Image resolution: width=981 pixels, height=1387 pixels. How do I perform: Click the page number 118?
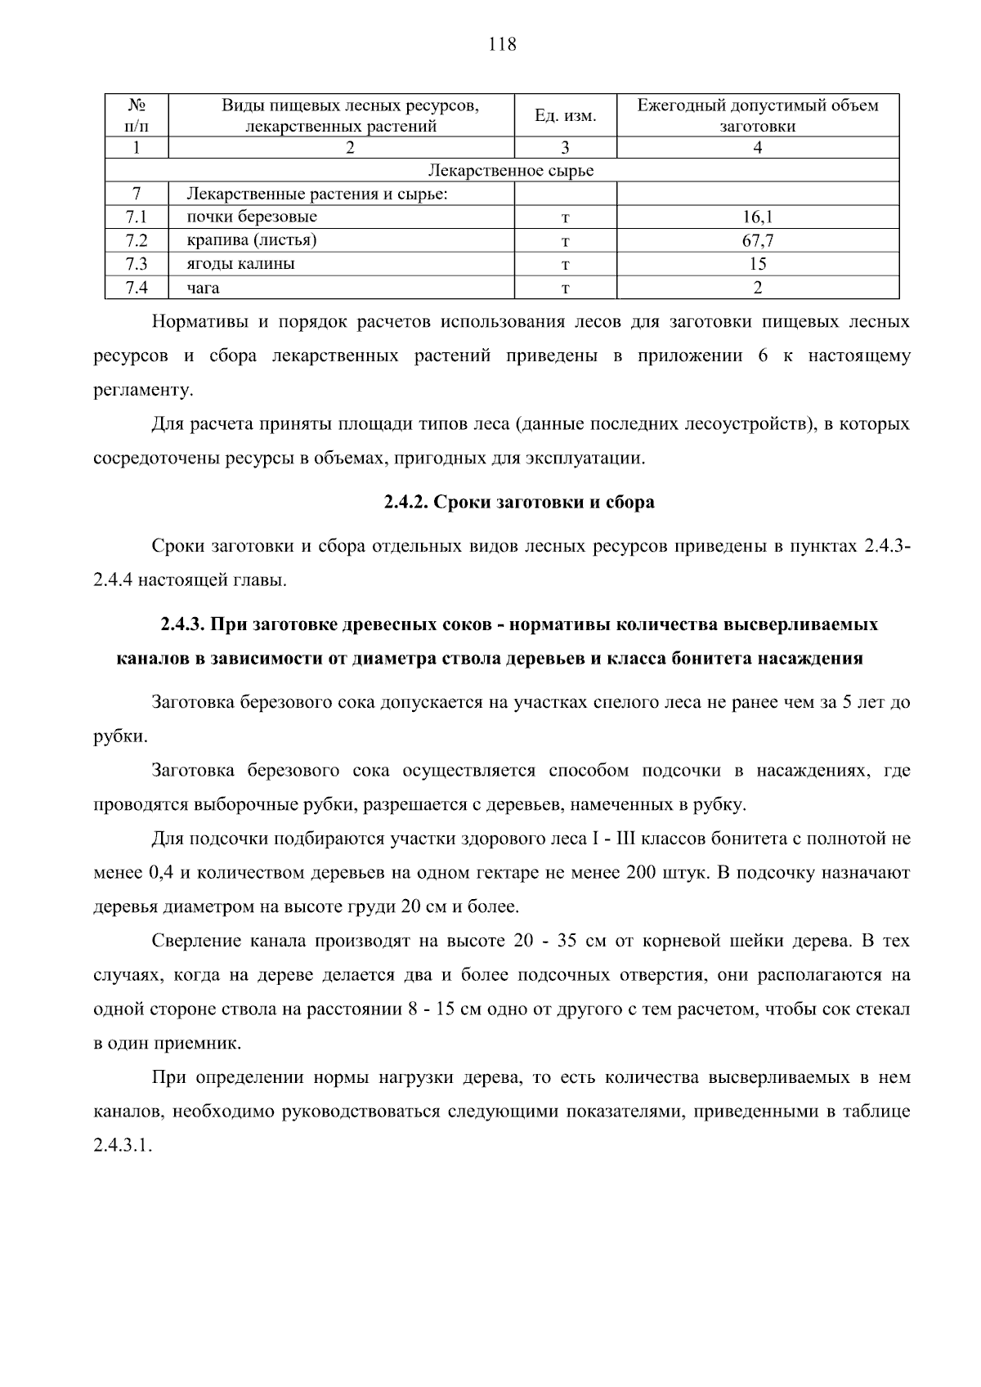(x=502, y=44)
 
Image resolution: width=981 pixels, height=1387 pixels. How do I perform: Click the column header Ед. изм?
(x=565, y=116)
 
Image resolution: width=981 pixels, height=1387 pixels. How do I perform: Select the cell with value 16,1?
(x=758, y=217)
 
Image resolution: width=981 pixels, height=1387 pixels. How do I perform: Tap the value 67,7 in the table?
(x=758, y=240)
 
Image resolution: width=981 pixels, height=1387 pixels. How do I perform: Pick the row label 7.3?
(x=137, y=264)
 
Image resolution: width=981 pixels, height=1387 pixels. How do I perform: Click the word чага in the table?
(x=203, y=288)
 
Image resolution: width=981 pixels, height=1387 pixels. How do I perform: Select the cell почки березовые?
(x=252, y=217)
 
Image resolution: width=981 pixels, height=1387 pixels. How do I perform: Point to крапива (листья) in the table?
(x=251, y=240)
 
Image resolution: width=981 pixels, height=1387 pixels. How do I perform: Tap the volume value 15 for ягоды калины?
(x=758, y=264)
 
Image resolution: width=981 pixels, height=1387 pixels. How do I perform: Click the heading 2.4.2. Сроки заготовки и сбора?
(x=519, y=502)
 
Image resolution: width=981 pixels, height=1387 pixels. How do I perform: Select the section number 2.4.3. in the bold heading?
(x=182, y=624)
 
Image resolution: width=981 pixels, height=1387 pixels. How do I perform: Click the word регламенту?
(x=144, y=390)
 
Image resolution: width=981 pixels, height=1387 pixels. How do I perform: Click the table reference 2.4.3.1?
(x=123, y=1145)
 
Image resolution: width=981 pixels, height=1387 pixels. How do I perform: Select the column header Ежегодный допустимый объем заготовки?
(x=758, y=116)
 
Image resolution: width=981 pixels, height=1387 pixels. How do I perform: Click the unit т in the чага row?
(x=565, y=288)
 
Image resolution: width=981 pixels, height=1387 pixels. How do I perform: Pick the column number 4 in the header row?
(x=758, y=148)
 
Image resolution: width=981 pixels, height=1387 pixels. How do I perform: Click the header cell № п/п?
(x=137, y=116)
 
